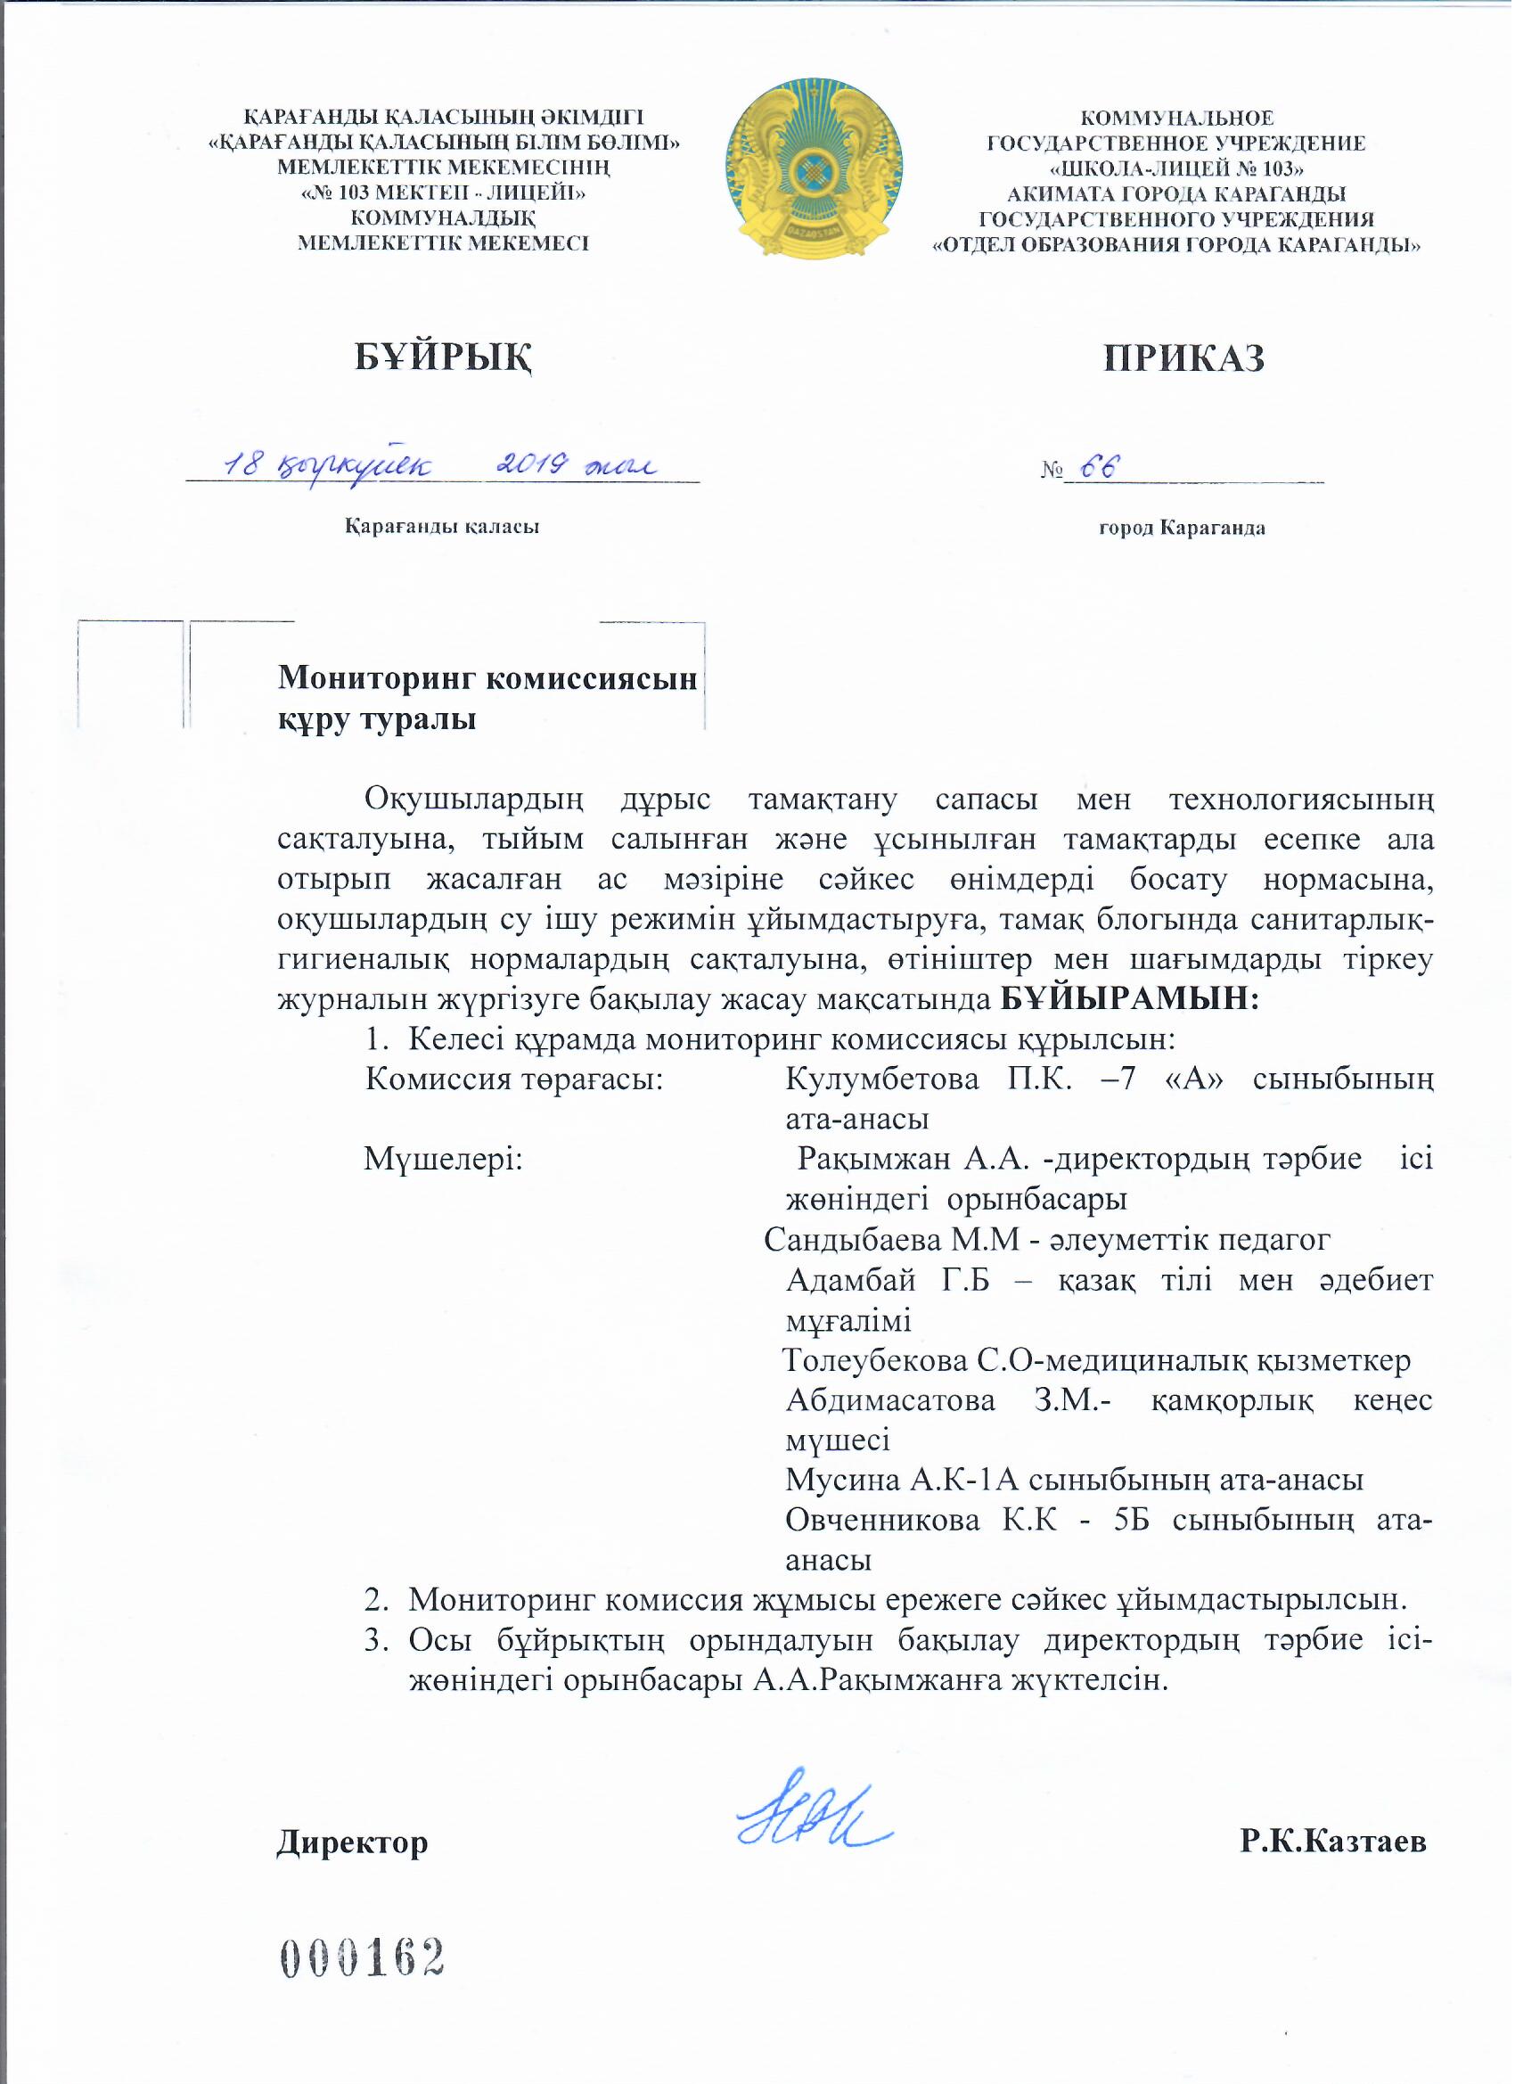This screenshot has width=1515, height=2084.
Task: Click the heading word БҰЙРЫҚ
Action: [445, 358]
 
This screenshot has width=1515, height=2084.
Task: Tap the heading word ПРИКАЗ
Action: [1183, 358]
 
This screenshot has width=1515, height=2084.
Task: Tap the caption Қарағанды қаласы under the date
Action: [442, 528]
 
